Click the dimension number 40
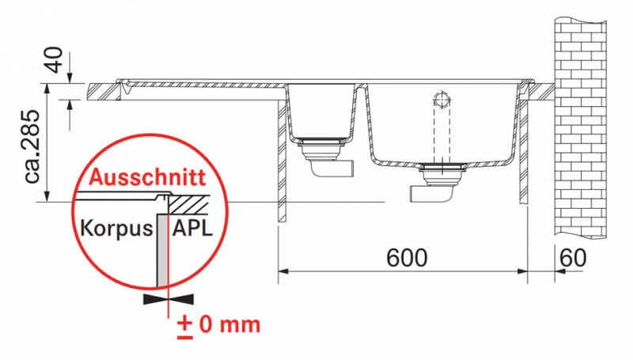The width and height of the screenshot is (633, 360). [55, 59]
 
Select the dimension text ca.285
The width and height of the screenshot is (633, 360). [32, 147]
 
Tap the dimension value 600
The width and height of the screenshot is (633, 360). [407, 257]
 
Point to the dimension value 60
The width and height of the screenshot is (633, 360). [573, 257]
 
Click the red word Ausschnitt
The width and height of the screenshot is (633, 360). [147, 177]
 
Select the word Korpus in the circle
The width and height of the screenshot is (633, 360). [116, 229]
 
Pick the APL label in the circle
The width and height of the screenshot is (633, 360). [192, 229]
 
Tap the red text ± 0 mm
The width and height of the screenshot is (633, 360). [218, 325]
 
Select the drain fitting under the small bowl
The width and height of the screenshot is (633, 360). [322, 149]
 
